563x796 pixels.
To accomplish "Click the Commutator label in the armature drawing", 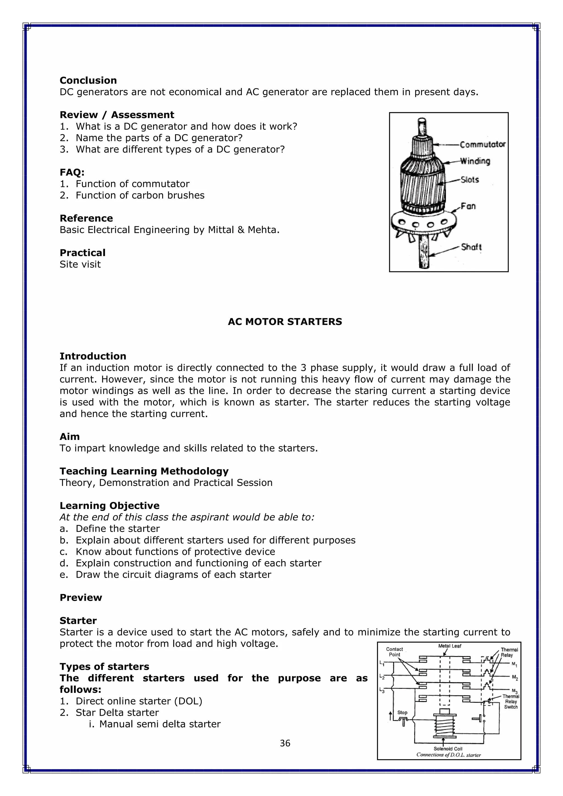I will tap(482, 144).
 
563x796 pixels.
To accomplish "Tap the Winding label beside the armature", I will tap(475, 161).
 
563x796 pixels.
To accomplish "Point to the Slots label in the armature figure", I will tap(470, 180).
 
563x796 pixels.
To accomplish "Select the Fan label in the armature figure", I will tap(468, 206).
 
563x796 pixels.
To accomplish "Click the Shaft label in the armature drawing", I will tap(471, 247).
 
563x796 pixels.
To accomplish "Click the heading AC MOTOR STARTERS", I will tap(285, 322).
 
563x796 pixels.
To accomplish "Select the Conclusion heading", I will tap(88, 81).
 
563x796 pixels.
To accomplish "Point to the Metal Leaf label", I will tap(450, 646).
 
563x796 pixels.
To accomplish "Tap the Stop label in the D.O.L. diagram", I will tap(402, 712).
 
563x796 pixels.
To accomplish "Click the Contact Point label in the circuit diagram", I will tap(394, 652).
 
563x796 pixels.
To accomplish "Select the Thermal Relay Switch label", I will tap(511, 701).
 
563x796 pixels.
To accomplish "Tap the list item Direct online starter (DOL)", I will tap(139, 701).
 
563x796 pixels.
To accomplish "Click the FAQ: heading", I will tap(72, 172).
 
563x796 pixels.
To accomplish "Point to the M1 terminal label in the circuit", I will tap(514, 665).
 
